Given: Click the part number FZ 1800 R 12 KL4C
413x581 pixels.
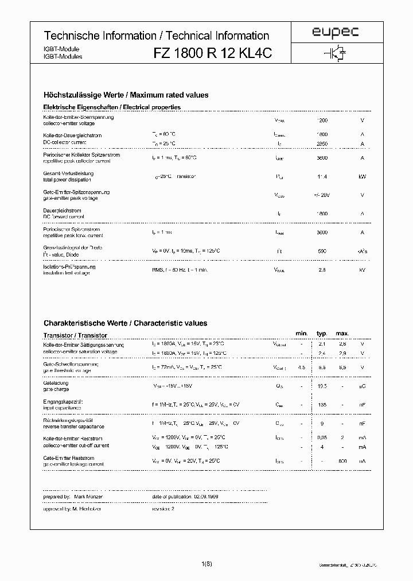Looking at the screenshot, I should pos(212,53).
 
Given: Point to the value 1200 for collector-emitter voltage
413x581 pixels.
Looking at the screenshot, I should pos(323,121).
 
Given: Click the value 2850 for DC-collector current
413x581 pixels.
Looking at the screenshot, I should pos(323,143).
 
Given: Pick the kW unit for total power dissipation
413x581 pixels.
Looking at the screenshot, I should pos(362,176).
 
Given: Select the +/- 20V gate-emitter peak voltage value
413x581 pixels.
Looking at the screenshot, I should pos(323,195).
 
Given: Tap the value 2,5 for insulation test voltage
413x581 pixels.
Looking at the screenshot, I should pos(323,269).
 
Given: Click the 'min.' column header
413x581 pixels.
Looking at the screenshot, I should pos(302,334).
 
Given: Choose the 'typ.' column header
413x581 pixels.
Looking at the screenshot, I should pos(322,334).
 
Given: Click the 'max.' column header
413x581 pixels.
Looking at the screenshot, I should pos(342,334).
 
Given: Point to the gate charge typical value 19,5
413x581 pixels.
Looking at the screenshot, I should pos(322,387).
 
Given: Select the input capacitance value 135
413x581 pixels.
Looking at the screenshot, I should pos(322,405).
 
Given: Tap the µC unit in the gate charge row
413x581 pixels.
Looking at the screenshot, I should pos(362,387).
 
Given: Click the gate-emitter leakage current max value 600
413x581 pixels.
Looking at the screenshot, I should pos(342,460).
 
